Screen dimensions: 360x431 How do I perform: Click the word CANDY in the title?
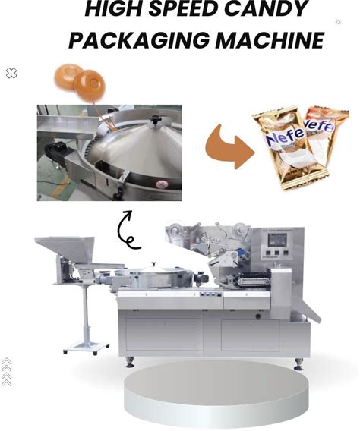(x=265, y=8)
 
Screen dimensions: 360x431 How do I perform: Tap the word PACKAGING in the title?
(x=140, y=40)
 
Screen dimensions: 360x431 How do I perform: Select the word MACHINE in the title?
(x=270, y=40)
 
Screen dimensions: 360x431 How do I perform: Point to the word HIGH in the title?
(x=115, y=8)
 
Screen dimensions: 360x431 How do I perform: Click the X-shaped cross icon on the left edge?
(x=11, y=73)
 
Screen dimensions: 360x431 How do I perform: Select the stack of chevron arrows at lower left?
(x=6, y=372)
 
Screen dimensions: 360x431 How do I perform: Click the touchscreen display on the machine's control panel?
(x=277, y=241)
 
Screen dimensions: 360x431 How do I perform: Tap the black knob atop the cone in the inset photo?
(x=155, y=120)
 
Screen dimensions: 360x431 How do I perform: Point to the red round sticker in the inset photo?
(x=162, y=184)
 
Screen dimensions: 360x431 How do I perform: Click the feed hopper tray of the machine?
(x=64, y=248)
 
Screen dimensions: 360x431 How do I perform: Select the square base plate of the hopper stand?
(x=87, y=348)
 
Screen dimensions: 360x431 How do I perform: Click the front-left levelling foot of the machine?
(x=130, y=363)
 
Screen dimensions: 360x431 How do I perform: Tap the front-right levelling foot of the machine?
(x=298, y=364)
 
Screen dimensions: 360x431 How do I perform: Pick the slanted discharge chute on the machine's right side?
(x=310, y=310)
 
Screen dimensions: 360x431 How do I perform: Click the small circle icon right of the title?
(x=338, y=22)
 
